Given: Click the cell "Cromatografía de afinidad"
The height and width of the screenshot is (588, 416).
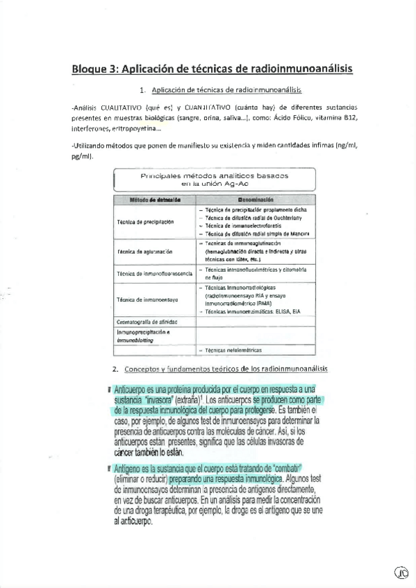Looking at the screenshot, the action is tap(148, 322).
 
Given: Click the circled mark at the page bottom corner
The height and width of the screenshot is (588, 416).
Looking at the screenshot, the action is tap(401, 572).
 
